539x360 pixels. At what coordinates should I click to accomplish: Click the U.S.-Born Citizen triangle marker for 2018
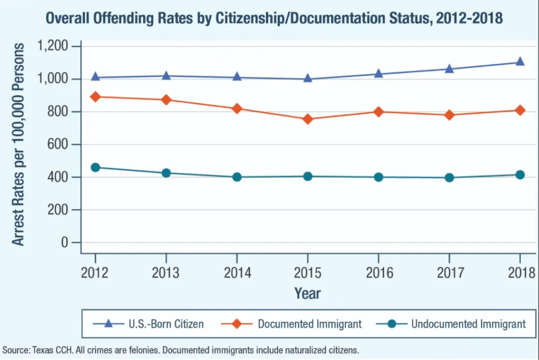520,62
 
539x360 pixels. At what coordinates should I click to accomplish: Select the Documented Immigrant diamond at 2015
308,119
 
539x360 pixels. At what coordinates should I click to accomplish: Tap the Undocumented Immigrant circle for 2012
95,168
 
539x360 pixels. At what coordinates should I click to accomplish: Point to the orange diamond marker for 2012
95,97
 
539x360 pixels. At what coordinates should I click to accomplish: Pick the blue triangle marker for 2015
308,79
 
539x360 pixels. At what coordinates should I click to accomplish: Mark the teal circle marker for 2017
449,178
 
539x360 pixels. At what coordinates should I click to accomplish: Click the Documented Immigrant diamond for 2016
378,112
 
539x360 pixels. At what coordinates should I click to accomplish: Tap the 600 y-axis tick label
59,144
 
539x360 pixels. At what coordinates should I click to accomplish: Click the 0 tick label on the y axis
64,242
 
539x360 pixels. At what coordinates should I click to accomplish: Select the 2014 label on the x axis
237,273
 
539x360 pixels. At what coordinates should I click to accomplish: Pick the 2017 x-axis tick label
449,273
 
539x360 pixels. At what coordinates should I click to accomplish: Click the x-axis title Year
307,293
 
